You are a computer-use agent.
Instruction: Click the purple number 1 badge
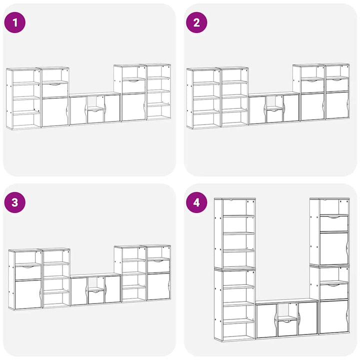click(x=15, y=22)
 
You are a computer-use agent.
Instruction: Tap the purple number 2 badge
click(x=196, y=22)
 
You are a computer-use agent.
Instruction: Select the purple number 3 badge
click(x=15, y=202)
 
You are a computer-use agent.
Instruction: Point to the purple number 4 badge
click(x=196, y=202)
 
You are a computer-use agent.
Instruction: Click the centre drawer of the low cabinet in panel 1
click(x=95, y=116)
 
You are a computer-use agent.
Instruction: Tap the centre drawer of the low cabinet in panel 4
click(x=287, y=327)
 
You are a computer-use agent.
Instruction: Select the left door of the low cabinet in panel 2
click(x=257, y=110)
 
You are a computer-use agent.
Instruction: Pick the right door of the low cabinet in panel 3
click(x=112, y=289)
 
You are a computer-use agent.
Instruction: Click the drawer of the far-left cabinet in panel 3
click(x=28, y=273)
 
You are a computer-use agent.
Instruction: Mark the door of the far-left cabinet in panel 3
click(x=28, y=294)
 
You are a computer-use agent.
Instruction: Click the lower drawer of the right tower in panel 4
click(x=334, y=292)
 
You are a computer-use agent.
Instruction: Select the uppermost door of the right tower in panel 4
click(x=334, y=248)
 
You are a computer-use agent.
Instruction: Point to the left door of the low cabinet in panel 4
click(x=266, y=320)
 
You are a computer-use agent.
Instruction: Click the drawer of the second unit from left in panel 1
click(x=55, y=90)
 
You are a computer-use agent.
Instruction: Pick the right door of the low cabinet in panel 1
click(x=112, y=108)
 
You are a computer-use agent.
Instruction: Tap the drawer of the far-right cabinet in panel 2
click(x=337, y=85)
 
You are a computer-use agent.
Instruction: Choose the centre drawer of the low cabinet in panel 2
click(x=275, y=116)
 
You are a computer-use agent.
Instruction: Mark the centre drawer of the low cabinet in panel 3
click(x=96, y=297)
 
